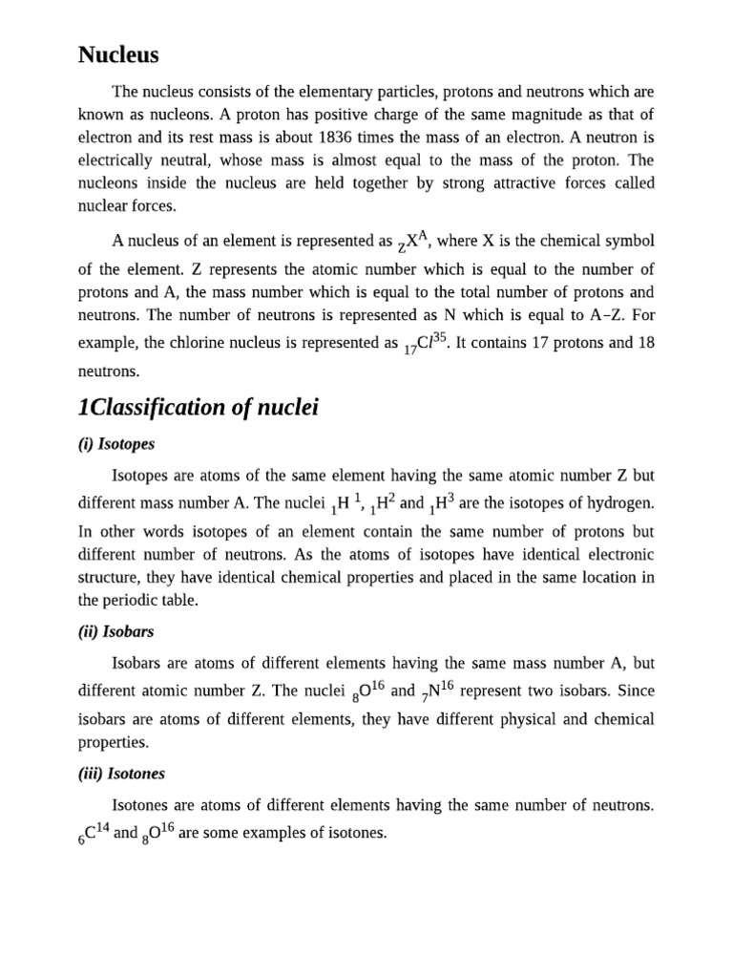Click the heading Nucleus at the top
click(x=117, y=54)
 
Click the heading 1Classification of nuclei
click(x=198, y=409)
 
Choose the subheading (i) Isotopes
click(x=116, y=444)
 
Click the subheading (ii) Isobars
click(x=115, y=632)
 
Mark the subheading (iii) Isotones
click(x=121, y=774)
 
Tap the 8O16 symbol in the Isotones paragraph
click(x=158, y=834)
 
